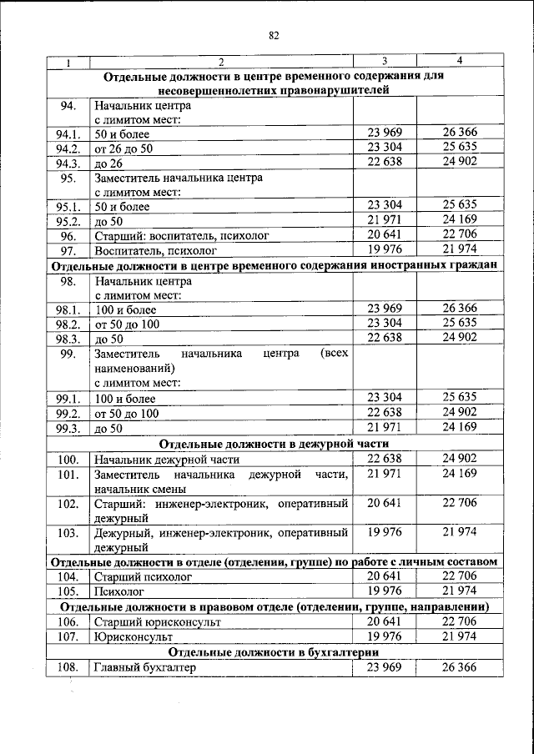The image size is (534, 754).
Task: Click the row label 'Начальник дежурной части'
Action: [x=167, y=459]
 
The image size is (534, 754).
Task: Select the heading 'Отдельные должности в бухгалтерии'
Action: [x=274, y=652]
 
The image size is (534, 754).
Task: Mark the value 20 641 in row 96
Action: [x=384, y=234]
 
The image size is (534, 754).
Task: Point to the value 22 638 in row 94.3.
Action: [x=384, y=162]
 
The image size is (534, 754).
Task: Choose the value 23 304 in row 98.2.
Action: [x=384, y=323]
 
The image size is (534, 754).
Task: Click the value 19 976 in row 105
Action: [x=384, y=591]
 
